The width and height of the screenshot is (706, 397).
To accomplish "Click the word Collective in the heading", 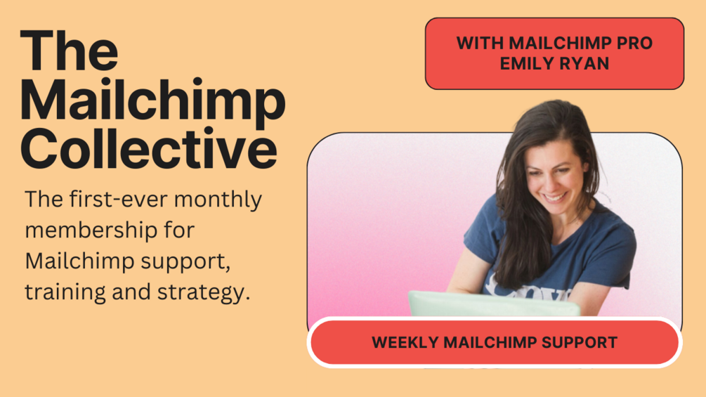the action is pyautogui.click(x=149, y=148).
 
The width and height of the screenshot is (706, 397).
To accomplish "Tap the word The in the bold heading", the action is pyautogui.click(x=70, y=51).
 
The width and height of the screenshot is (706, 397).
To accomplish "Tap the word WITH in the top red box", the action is pyautogui.click(x=480, y=43).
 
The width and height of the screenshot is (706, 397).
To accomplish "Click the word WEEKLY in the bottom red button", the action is pyautogui.click(x=405, y=342).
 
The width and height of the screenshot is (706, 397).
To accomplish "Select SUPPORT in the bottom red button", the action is pyautogui.click(x=579, y=342).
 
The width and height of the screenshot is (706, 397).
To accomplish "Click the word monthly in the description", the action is pyautogui.click(x=218, y=200).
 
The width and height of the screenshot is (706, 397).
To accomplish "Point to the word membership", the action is pyautogui.click(x=91, y=230).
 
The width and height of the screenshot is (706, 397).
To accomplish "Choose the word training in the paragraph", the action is pyautogui.click(x=65, y=292).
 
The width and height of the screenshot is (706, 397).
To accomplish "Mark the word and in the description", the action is pyautogui.click(x=131, y=292).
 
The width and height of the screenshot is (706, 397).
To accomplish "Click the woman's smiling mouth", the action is pyautogui.click(x=554, y=197).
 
